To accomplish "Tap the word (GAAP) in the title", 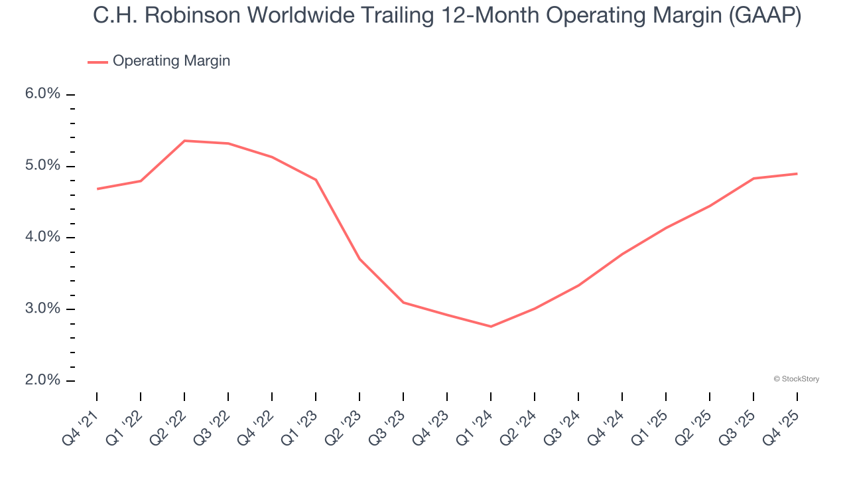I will (765, 15).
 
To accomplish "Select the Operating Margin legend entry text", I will (171, 61).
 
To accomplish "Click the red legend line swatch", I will (98, 62).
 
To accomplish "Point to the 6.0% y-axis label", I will (42, 94).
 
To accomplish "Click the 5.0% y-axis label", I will (42, 165).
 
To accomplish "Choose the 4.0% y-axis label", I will (42, 237).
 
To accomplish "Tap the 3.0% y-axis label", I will (42, 309).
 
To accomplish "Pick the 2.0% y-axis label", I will (42, 380).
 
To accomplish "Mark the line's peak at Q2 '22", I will (184, 141).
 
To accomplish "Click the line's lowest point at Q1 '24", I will (491, 327).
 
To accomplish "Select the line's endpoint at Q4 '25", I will (797, 174).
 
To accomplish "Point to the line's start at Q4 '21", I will (97, 189).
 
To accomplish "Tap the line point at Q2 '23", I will (359, 259).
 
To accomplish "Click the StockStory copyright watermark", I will (796, 379).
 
